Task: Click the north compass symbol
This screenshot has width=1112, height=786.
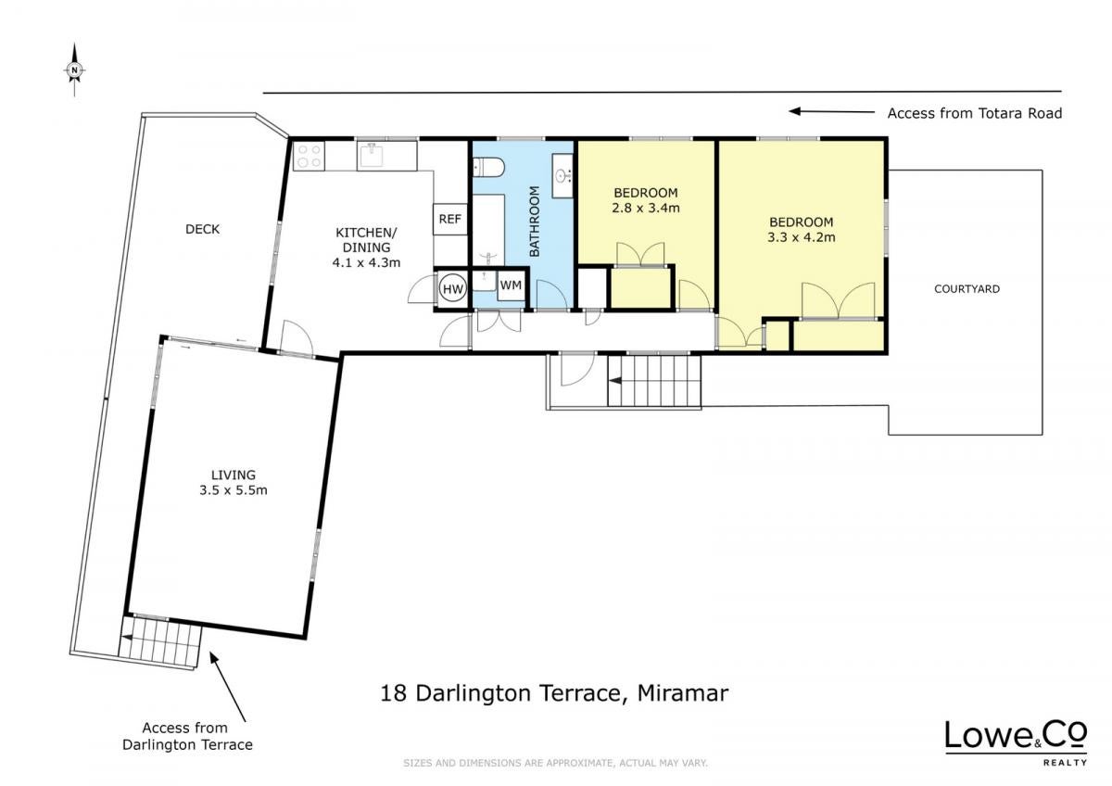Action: tap(74, 70)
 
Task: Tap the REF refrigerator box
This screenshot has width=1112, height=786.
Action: tap(450, 219)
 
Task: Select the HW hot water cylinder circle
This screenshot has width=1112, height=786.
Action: tap(453, 289)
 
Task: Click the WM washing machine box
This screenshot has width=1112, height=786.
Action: tap(511, 285)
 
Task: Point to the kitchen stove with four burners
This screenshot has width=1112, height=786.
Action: tap(309, 156)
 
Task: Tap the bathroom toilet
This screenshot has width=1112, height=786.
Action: tap(488, 168)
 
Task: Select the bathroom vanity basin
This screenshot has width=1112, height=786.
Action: tap(563, 176)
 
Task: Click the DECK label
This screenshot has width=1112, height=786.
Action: tap(203, 229)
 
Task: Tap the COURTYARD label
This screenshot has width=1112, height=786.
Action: tap(967, 289)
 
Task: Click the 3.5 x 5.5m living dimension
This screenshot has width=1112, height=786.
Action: tap(234, 490)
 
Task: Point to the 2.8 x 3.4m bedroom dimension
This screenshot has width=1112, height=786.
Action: tap(645, 208)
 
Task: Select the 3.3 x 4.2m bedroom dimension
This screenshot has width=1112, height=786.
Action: tap(802, 237)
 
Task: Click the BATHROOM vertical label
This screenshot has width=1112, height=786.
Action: tap(535, 222)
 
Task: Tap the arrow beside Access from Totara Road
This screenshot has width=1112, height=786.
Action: tap(831, 112)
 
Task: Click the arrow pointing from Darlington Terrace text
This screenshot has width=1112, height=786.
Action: tap(227, 687)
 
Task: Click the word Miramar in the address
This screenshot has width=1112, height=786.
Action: tap(683, 693)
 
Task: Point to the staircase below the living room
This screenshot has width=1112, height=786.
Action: tap(159, 643)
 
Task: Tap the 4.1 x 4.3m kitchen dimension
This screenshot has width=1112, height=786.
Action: tap(366, 262)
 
